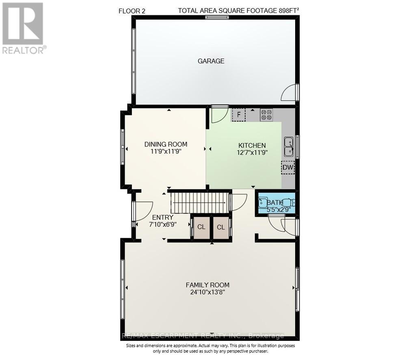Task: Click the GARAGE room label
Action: pos(211,61)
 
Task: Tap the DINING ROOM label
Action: pos(166,144)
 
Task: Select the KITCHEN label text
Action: pos(252,145)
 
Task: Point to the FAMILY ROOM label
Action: pos(207,285)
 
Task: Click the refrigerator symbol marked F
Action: pos(239,115)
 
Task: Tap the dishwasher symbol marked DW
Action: pos(288,167)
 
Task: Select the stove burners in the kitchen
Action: pos(266,115)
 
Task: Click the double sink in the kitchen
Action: pos(289,146)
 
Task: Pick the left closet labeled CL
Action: pos(201,227)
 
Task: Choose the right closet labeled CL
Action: pos(221,227)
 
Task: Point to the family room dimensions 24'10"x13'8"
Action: pos(207,292)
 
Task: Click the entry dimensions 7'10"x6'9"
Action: pos(162,224)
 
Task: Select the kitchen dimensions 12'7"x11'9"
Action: pos(252,153)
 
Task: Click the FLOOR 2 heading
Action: pos(132,11)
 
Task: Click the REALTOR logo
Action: pos(23,28)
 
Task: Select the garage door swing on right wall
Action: pos(290,93)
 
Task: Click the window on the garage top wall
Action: pos(217,17)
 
